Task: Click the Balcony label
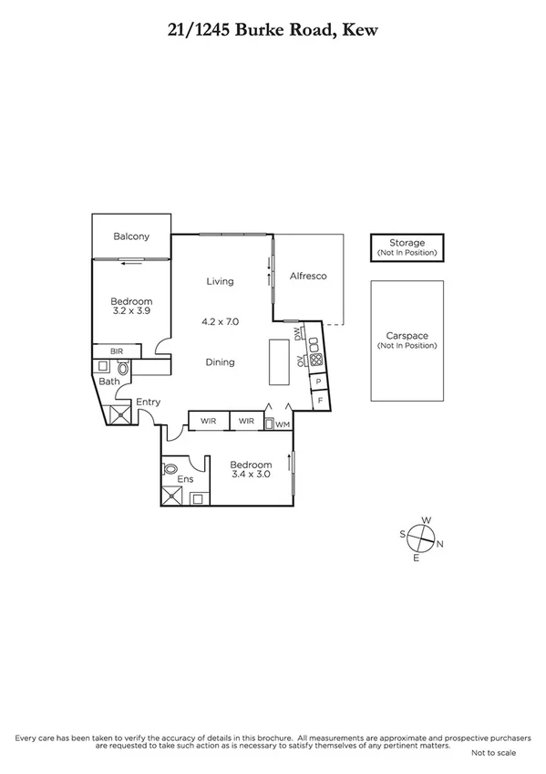point(131,237)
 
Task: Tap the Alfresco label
point(308,276)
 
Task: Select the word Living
point(220,281)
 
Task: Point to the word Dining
point(220,362)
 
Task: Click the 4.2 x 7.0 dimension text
point(220,321)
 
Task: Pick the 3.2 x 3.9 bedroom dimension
point(131,312)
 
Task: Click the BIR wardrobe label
point(117,350)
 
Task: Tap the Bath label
point(109,382)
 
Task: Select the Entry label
point(148,402)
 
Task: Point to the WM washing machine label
point(283,424)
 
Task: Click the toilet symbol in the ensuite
point(170,468)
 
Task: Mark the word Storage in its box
point(407,243)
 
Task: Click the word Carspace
point(407,336)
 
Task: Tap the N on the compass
point(441,545)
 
